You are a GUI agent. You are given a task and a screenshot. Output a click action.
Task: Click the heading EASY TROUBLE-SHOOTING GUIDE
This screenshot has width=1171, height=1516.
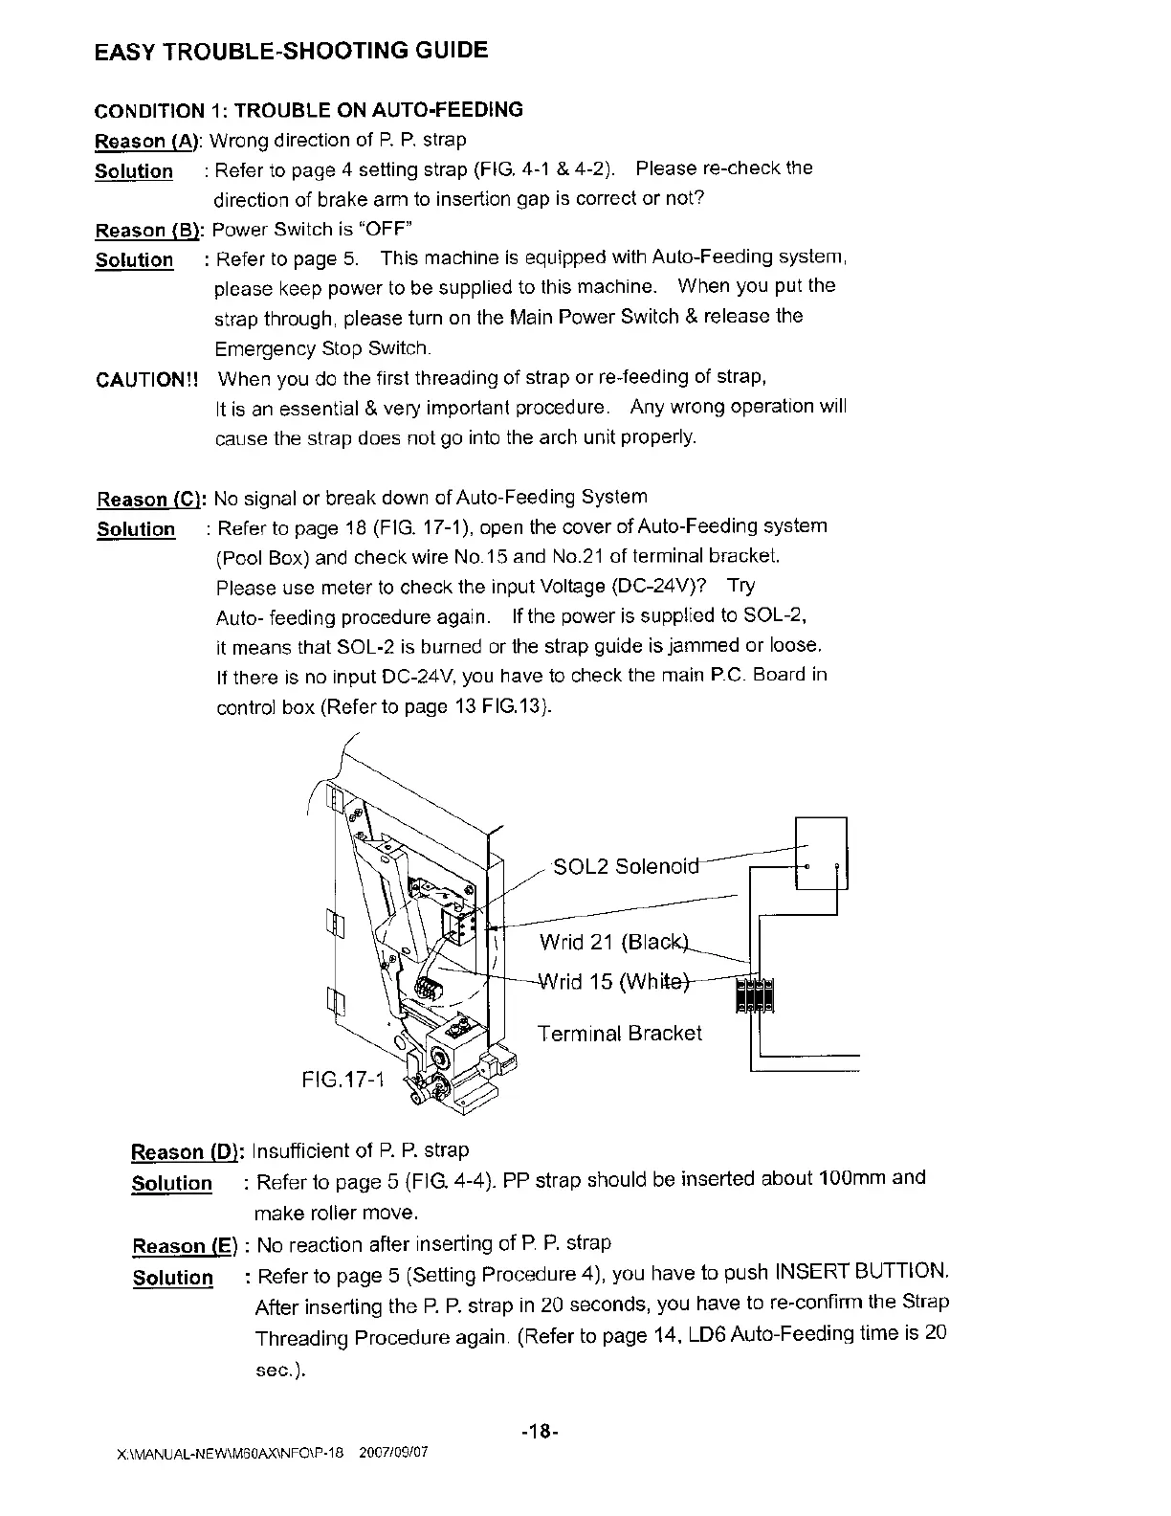[x=292, y=51]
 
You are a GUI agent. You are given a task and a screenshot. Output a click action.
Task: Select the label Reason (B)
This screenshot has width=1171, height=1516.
[x=149, y=230]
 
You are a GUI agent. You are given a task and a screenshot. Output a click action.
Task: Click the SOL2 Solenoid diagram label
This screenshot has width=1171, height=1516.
[x=627, y=867]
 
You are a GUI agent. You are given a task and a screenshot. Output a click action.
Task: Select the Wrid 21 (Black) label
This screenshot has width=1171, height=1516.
[x=613, y=942]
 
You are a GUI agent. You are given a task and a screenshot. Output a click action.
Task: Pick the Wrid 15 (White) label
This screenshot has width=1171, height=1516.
[x=613, y=982]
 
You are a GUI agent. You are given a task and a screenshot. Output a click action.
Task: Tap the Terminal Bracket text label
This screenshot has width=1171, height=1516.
[x=619, y=1034]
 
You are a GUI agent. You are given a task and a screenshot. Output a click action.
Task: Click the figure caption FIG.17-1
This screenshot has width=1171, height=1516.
[x=342, y=1081]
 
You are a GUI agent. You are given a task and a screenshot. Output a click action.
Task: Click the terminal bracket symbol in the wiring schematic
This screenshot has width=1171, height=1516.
[x=755, y=994]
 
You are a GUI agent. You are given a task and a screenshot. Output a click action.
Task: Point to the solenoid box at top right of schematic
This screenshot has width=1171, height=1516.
[x=821, y=853]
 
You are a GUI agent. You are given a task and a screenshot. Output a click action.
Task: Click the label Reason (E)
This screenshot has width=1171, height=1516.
[x=184, y=1246]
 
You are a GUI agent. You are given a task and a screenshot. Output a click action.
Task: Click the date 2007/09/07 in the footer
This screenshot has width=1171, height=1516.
[x=392, y=1452]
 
